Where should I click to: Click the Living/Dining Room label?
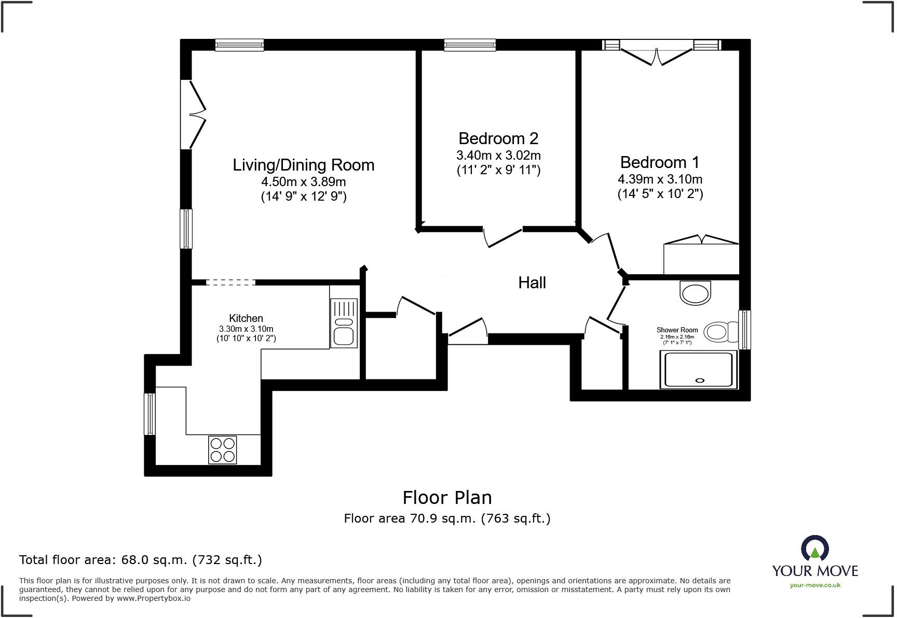[x=303, y=165]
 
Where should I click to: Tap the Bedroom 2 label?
[x=498, y=138]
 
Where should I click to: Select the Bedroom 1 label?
[x=660, y=162]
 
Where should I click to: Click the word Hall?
[x=532, y=283]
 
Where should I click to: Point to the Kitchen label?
[x=246, y=318]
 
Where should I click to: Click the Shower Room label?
[x=677, y=330]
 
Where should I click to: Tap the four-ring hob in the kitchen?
[x=222, y=450]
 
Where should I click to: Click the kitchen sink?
[x=344, y=323]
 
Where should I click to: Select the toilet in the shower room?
[x=722, y=332]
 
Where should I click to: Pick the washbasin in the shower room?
[x=695, y=293]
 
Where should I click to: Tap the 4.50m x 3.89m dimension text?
[x=304, y=182]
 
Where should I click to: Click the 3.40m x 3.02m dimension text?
[x=498, y=155]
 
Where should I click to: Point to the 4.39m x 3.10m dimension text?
[x=660, y=179]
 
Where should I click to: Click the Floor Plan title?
[x=447, y=498]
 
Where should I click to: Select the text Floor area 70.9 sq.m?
[x=410, y=518]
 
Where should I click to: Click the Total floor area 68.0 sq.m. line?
[x=141, y=560]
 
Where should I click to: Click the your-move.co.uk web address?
[x=815, y=585]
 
